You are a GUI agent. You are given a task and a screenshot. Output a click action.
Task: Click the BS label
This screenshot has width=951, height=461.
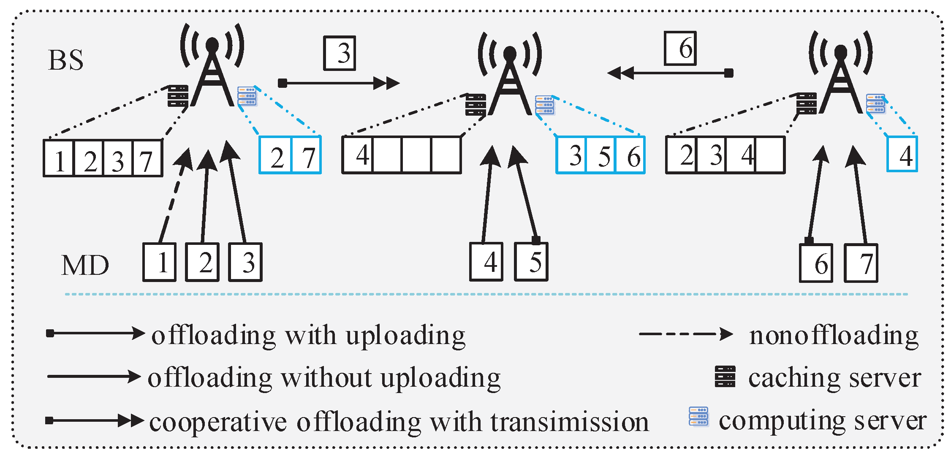66,60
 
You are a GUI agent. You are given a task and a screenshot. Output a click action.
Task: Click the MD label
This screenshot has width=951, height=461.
85,266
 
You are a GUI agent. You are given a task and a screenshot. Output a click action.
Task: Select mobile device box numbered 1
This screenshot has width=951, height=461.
160,262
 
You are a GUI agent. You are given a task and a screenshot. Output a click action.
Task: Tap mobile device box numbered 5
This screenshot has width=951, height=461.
532,262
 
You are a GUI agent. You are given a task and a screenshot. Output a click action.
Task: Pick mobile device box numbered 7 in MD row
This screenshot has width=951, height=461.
861,263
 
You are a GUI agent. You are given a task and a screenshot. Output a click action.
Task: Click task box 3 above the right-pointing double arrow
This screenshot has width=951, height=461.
340,54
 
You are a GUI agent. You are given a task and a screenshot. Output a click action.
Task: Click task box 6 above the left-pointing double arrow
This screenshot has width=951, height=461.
680,49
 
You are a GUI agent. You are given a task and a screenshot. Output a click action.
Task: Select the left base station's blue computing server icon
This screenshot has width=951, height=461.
247,96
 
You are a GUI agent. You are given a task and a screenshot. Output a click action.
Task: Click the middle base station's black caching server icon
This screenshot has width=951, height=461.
475,105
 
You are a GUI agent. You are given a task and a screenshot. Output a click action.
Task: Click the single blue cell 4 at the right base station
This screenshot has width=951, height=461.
902,154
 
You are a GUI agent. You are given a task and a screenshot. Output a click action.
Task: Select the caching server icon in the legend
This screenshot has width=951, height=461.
725,377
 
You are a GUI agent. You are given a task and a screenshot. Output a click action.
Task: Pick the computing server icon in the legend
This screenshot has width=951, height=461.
699,417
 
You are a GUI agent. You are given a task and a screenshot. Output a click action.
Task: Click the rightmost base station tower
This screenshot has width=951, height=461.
841,80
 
